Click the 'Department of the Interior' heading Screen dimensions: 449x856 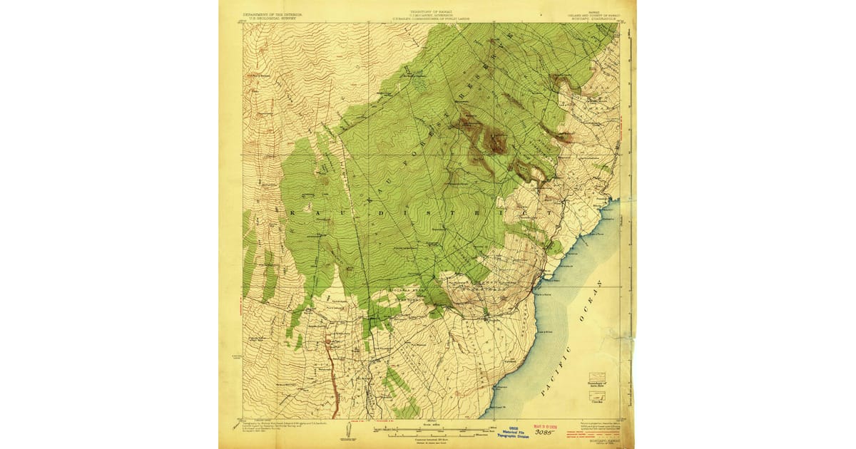click(x=272, y=14)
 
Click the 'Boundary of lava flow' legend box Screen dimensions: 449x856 click(x=596, y=378)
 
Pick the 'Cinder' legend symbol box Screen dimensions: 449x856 click(x=596, y=396)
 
